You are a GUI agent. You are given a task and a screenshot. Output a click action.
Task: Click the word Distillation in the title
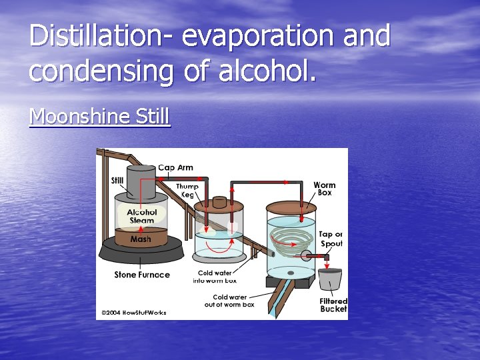pyautogui.click(x=100, y=36)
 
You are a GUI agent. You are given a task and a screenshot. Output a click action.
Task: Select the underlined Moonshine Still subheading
pyautogui.click(x=100, y=117)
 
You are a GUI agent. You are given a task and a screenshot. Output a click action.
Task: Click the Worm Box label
pyautogui.click(x=324, y=189)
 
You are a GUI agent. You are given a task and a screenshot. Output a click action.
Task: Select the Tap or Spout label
pyautogui.click(x=331, y=239)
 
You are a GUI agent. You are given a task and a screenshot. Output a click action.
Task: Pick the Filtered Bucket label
pyautogui.click(x=333, y=305)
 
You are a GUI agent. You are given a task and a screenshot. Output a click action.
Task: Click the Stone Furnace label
pyautogui.click(x=142, y=275)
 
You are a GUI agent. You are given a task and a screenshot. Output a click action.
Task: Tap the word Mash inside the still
pyautogui.click(x=141, y=239)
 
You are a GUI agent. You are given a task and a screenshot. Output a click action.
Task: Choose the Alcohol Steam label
pyautogui.click(x=142, y=217)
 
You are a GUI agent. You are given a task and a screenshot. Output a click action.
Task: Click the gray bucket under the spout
pyautogui.click(x=330, y=280)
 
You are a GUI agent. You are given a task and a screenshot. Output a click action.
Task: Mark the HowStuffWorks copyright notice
pyautogui.click(x=133, y=312)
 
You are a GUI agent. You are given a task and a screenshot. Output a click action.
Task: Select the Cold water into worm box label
pyautogui.click(x=215, y=277)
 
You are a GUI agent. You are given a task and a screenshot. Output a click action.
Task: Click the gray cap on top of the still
pyautogui.click(x=141, y=181)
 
